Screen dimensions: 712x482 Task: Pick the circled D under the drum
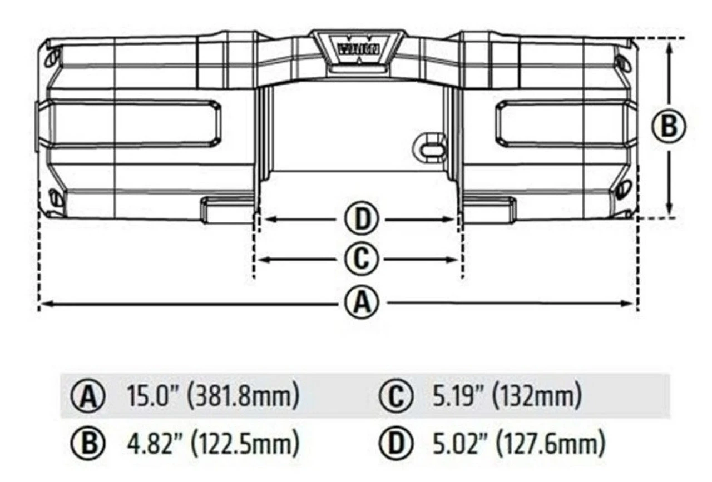362,218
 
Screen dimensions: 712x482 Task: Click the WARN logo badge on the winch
358,49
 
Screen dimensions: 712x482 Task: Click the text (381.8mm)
244,396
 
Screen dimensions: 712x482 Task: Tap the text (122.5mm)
244,443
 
